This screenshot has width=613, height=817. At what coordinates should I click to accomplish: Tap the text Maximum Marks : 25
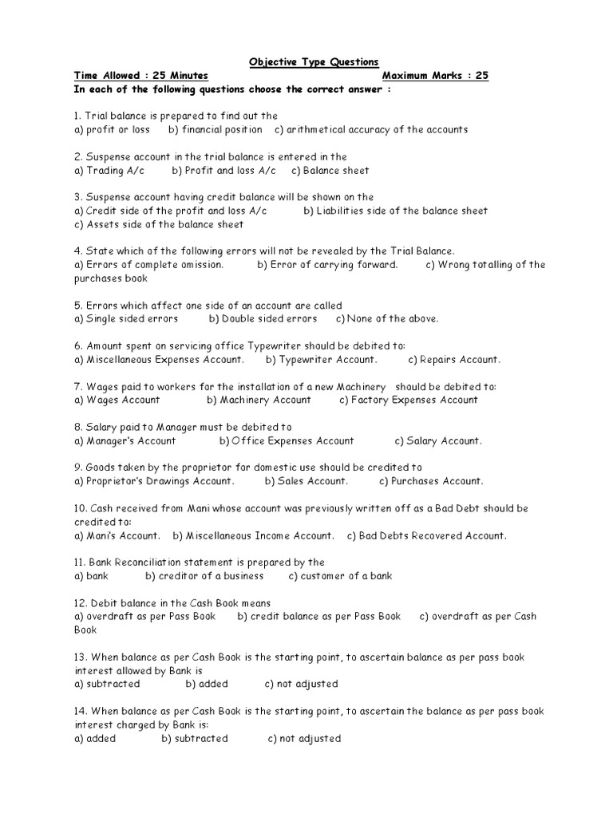click(435, 76)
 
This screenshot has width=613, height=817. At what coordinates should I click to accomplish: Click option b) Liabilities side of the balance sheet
click(395, 211)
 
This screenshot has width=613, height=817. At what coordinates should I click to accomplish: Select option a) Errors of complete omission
click(148, 265)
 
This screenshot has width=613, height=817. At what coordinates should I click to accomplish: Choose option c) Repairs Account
click(454, 360)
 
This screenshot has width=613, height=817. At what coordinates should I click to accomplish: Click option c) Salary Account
click(438, 440)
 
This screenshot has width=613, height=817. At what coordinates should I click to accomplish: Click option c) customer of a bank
click(340, 575)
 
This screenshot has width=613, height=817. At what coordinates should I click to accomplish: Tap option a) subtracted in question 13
click(106, 684)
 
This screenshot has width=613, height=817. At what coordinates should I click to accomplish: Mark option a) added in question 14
click(94, 738)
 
